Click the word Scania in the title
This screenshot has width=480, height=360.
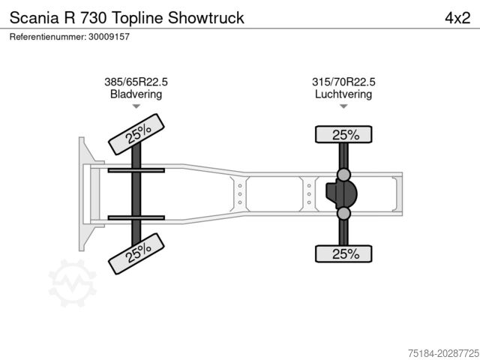click(34, 18)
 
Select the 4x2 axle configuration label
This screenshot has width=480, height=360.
click(457, 18)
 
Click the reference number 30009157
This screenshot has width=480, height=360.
click(109, 37)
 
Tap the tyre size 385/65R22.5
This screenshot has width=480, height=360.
click(136, 82)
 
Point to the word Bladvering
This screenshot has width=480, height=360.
click(136, 94)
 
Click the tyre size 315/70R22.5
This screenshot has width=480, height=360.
click(343, 82)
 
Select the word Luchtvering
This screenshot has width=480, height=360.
click(343, 94)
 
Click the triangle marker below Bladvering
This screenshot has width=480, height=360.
click(136, 106)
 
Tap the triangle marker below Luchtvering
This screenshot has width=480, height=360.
click(343, 106)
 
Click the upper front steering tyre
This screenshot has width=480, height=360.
click(136, 134)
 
